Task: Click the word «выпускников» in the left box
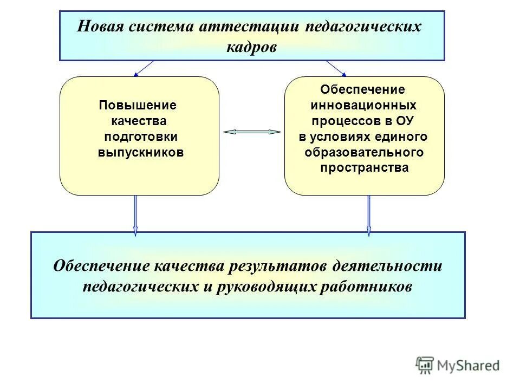(x=140, y=152)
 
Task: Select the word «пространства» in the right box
(x=364, y=168)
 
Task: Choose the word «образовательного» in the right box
(x=364, y=152)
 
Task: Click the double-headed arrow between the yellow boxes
(x=252, y=132)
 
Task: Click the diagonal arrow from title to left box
(x=144, y=68)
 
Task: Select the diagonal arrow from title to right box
(x=336, y=68)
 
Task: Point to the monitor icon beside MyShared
(x=425, y=365)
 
